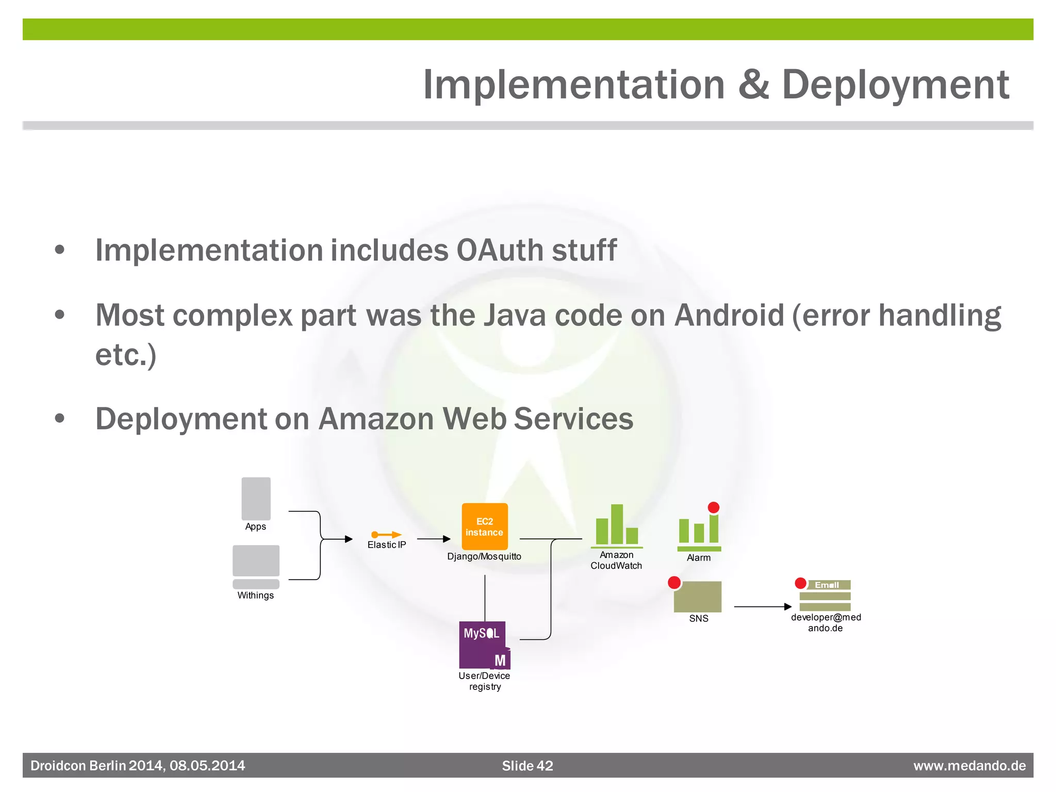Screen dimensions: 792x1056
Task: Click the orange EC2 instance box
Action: (x=484, y=526)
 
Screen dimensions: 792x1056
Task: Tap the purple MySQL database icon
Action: (x=484, y=645)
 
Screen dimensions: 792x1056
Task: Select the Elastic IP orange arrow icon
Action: (x=386, y=535)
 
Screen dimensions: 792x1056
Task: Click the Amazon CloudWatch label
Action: (x=616, y=560)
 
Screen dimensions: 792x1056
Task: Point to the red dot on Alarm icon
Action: (x=714, y=508)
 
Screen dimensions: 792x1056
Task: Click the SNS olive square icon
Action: (x=698, y=597)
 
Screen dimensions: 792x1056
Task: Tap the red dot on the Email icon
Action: (x=800, y=583)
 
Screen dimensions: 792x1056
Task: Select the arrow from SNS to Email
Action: (x=763, y=607)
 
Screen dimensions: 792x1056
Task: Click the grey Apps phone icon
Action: (x=256, y=499)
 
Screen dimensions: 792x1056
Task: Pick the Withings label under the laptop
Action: (x=255, y=596)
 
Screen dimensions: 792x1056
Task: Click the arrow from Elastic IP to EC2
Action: (x=433, y=539)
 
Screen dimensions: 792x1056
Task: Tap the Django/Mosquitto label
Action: (x=484, y=557)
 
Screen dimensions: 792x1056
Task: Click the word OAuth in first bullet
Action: (x=500, y=251)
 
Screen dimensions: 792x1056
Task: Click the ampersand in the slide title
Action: (x=753, y=85)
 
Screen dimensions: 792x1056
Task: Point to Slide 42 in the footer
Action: (x=527, y=766)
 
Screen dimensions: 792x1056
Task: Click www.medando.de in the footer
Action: (x=969, y=766)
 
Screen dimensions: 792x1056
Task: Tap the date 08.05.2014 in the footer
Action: (x=207, y=766)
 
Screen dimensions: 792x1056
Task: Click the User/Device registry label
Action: (x=484, y=681)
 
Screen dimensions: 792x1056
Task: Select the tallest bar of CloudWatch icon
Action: (x=617, y=524)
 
